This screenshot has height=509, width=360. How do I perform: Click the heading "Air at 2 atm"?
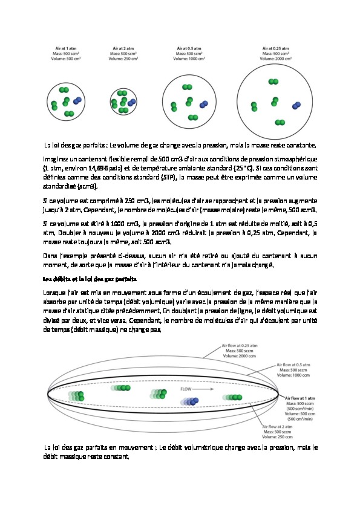[124, 48]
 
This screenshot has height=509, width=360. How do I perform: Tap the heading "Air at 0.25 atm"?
[275, 48]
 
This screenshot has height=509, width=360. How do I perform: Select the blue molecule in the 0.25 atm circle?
[296, 106]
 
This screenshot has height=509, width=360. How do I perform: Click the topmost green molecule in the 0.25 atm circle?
[273, 81]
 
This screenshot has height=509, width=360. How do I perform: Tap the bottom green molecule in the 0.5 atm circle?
[194, 116]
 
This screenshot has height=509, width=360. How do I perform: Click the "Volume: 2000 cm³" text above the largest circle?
[275, 58]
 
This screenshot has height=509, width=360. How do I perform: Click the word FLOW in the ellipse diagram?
[186, 390]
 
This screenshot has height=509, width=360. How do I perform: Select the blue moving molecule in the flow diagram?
[192, 401]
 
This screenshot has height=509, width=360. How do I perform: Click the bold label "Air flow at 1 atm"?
[296, 398]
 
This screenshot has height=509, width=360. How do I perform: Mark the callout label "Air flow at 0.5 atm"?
[293, 365]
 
